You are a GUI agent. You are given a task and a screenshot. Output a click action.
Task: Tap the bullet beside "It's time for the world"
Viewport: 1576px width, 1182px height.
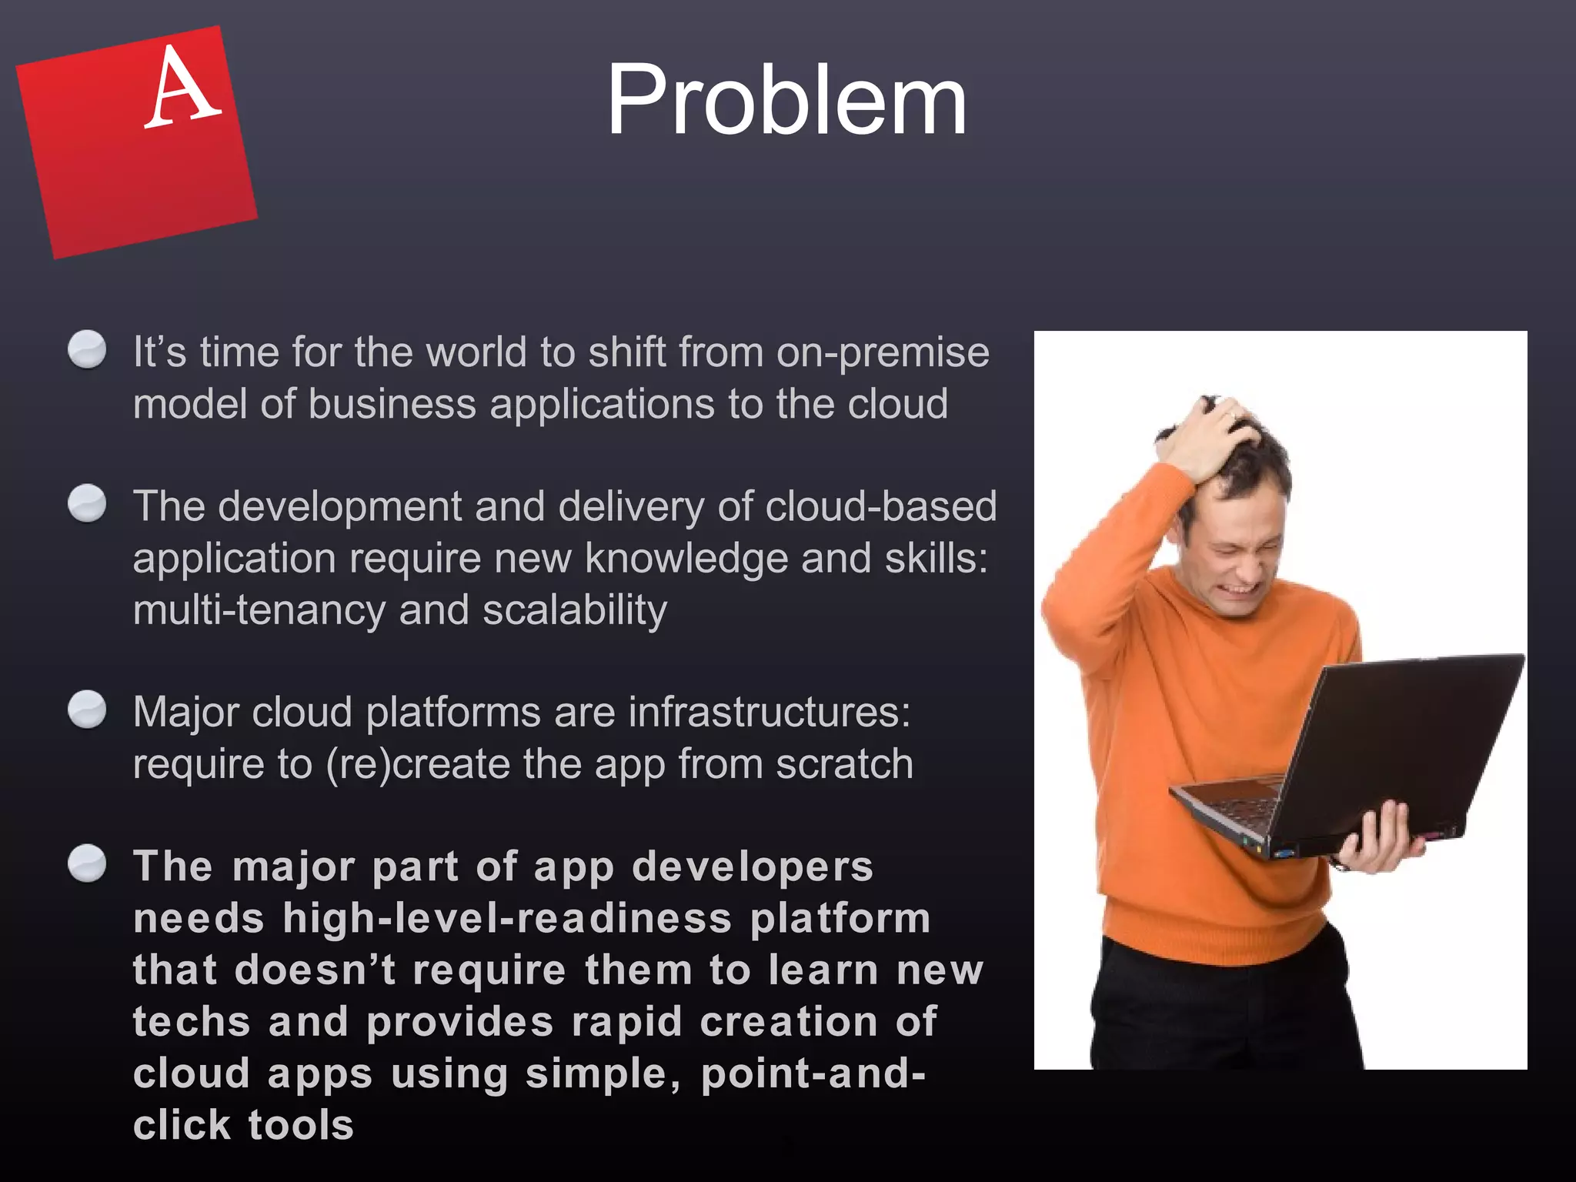point(87,350)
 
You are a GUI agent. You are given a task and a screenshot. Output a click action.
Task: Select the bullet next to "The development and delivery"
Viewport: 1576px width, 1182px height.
point(87,504)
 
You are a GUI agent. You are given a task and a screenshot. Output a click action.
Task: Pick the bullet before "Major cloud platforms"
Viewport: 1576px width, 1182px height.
point(87,709)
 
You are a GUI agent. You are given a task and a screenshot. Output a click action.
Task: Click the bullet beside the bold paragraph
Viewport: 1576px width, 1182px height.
point(87,863)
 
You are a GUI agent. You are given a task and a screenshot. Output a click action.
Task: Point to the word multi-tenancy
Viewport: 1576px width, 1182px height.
point(259,610)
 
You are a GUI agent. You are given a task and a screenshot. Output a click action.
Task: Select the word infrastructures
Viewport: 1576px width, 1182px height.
point(769,712)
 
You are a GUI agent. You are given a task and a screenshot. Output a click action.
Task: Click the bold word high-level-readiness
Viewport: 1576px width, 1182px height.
point(507,919)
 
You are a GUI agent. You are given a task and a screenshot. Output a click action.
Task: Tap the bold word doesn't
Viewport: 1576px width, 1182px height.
point(315,970)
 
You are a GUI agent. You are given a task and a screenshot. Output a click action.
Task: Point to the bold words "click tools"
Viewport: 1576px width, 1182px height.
point(243,1125)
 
